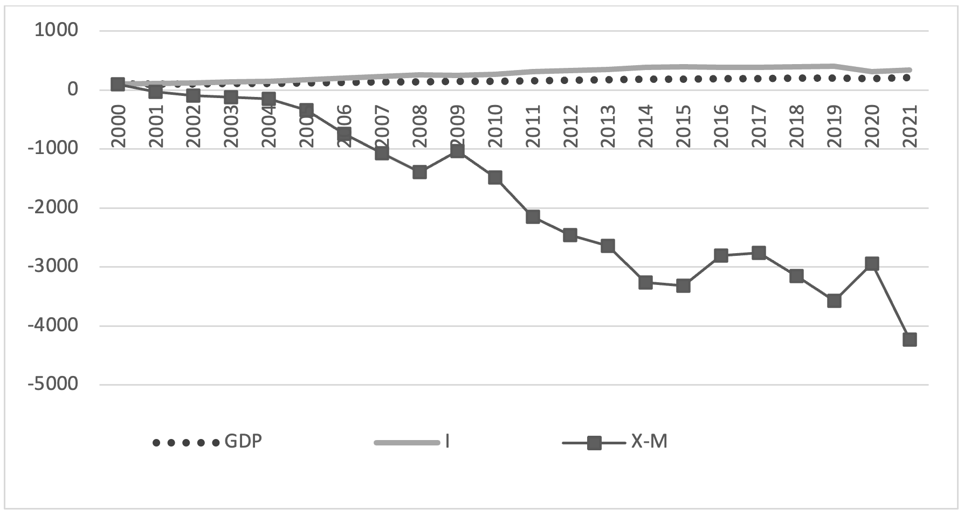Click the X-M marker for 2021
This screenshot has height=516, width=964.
(910, 339)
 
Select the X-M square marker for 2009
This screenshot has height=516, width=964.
(457, 151)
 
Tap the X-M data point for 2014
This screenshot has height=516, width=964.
(645, 282)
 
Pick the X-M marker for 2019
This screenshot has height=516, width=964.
(834, 301)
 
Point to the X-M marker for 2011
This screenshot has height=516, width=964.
(533, 217)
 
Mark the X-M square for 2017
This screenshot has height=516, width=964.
(759, 253)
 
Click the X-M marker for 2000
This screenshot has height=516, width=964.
(118, 85)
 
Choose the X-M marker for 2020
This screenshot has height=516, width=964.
(872, 263)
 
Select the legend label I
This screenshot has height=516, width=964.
(447, 442)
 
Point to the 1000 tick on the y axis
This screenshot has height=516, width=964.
(57, 30)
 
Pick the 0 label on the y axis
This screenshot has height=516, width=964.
(73, 89)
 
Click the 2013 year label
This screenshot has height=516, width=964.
(608, 126)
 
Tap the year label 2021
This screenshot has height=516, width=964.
(910, 126)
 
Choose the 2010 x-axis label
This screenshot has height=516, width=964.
(495, 126)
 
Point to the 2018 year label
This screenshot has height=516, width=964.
(796, 126)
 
